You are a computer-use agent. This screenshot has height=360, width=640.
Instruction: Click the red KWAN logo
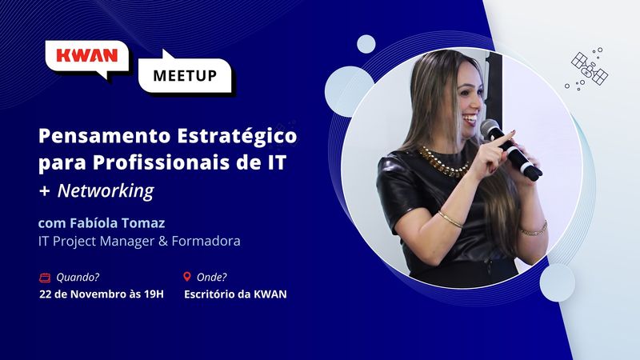(86, 55)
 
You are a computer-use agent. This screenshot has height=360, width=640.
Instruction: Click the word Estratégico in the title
(237, 136)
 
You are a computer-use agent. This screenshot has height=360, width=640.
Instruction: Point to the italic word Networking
(106, 190)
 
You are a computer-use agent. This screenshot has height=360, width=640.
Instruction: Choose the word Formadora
(206, 241)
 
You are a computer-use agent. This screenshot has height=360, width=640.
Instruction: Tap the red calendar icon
(45, 278)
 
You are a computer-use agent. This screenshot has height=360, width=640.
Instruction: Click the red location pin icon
(187, 277)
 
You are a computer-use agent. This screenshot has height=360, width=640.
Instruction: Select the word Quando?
(78, 278)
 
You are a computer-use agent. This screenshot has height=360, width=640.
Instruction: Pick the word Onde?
(211, 278)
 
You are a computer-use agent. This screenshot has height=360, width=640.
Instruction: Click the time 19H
(154, 294)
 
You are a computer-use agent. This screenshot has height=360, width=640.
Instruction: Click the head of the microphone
(490, 129)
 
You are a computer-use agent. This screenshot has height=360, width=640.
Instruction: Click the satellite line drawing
(589, 68)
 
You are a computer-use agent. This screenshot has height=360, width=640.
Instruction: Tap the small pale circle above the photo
(366, 44)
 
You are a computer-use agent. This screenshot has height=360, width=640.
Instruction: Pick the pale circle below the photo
(557, 282)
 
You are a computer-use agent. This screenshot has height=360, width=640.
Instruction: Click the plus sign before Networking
(44, 191)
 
